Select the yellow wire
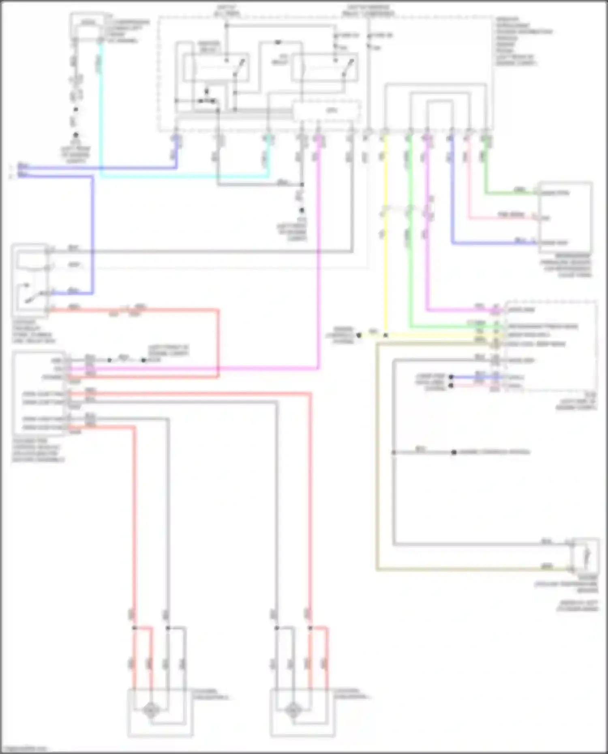pyautogui.click(x=385, y=263)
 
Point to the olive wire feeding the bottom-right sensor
pyautogui.click(x=377, y=466)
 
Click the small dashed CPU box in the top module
pyautogui.click(x=327, y=110)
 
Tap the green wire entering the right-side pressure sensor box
pyautogui.click(x=511, y=192)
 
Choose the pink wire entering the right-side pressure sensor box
pyautogui.click(x=503, y=218)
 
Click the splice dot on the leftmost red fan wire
pyautogui.click(x=135, y=628)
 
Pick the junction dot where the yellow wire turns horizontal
pyautogui.click(x=385, y=335)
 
